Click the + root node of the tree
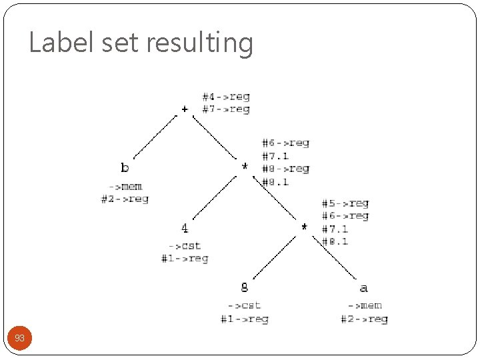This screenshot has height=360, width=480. click(x=185, y=109)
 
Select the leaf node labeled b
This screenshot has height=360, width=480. click(x=125, y=167)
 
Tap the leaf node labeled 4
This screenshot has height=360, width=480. click(x=185, y=229)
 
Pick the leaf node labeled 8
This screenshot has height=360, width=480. click(x=245, y=287)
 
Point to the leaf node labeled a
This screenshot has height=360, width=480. click(x=363, y=288)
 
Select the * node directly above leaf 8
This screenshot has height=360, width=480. click(x=305, y=228)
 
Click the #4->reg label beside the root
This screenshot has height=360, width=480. click(x=226, y=97)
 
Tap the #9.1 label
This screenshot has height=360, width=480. click(x=275, y=181)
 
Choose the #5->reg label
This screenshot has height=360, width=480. click(x=345, y=203)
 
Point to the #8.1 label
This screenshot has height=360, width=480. click(x=335, y=241)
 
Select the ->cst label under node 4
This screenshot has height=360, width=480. click(x=185, y=246)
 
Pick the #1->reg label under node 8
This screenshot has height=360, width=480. click(x=245, y=319)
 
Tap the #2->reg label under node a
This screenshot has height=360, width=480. click(x=364, y=319)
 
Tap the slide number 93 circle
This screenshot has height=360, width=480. click(x=20, y=339)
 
